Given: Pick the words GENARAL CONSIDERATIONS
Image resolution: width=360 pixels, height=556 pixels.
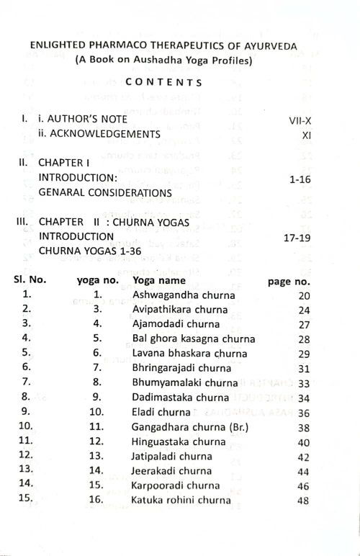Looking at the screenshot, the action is pyautogui.click(x=105, y=193).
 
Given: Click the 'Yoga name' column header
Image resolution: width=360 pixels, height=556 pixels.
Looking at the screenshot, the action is pyautogui.click(x=159, y=281).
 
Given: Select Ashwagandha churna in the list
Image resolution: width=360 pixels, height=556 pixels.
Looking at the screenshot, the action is pyautogui.click(x=180, y=295).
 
